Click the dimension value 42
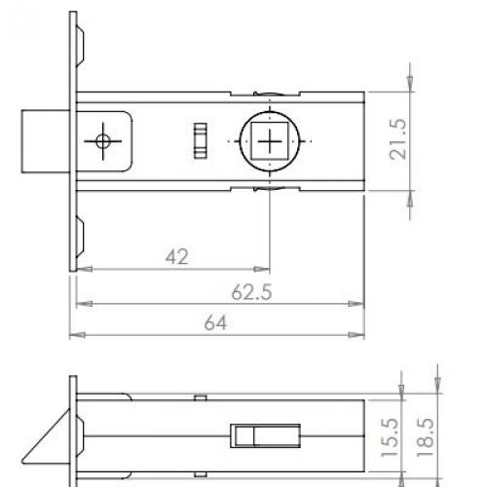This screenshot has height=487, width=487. (176, 256)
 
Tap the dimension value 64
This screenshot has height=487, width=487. (215, 324)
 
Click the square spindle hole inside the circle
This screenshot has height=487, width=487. (268, 141)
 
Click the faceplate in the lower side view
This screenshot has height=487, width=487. (73, 429)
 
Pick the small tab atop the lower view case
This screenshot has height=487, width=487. (199, 397)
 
